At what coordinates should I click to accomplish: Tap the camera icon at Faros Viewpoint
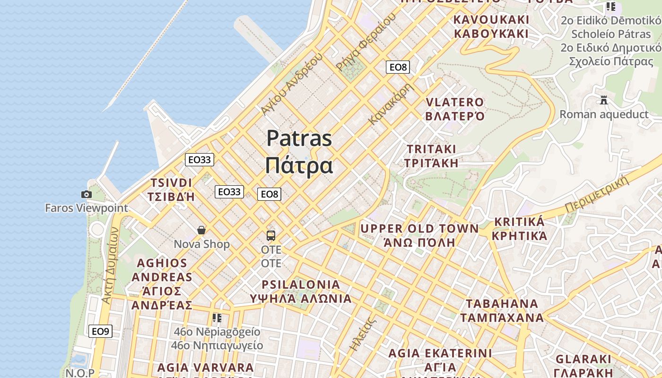coord(86,194)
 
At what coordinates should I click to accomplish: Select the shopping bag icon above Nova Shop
coord(201,230)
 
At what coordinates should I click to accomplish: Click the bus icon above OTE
coord(271,235)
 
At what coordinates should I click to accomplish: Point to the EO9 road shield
coord(100,331)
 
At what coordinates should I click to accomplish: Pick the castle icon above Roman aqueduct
coord(603,100)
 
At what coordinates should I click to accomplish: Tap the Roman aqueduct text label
coord(604,114)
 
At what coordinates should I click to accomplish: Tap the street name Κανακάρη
coord(391,104)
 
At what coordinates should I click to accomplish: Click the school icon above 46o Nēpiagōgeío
coord(217,318)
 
